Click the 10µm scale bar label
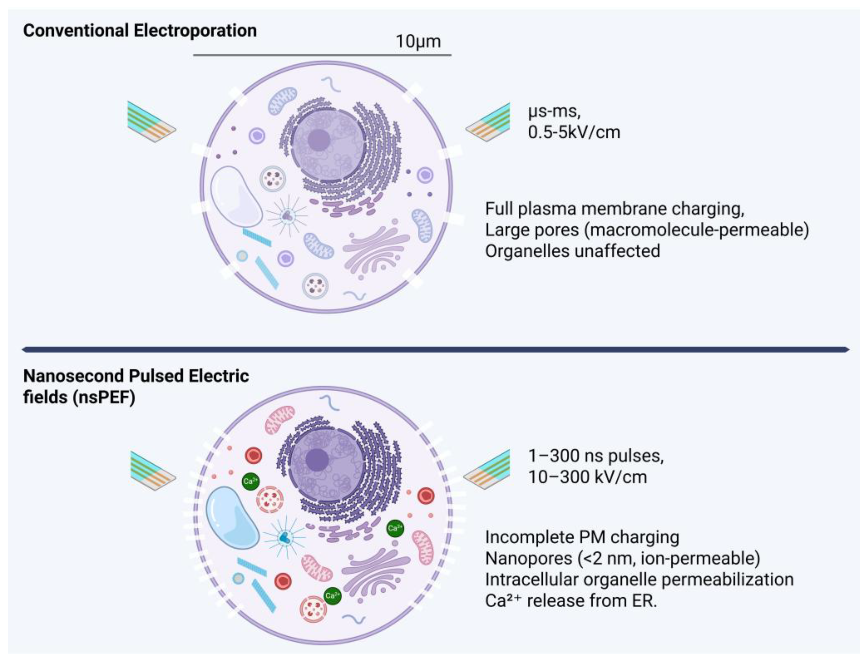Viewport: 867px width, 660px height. [418, 41]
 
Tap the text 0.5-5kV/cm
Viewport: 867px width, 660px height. [574, 132]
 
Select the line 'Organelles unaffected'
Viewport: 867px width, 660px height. [572, 251]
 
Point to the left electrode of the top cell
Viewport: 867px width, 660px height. [151, 122]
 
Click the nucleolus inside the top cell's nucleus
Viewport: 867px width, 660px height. [318, 140]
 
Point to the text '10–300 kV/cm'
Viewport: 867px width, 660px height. [587, 477]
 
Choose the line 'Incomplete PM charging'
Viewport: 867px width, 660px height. [582, 537]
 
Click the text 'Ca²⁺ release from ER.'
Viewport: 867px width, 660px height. [571, 601]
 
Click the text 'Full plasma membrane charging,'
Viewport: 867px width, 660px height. [614, 209]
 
